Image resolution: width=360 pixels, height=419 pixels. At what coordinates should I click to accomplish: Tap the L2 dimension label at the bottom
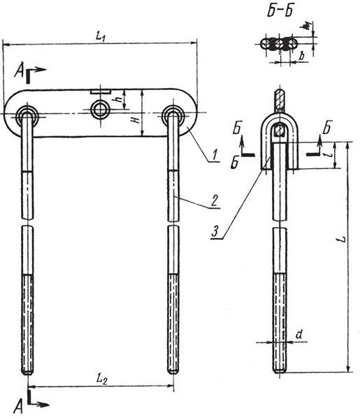click(101, 379)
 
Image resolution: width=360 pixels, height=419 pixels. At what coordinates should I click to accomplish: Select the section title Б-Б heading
click(280, 10)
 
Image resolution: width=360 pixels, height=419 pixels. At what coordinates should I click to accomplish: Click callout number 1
click(214, 155)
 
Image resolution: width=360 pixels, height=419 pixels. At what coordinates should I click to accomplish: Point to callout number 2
click(215, 200)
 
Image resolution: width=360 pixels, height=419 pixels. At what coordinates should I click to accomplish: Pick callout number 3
click(215, 231)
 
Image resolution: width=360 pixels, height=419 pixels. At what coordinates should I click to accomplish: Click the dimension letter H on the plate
click(137, 119)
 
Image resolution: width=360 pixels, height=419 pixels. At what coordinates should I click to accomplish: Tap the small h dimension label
click(120, 98)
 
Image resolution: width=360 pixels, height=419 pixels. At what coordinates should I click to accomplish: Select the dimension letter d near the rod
click(299, 335)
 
